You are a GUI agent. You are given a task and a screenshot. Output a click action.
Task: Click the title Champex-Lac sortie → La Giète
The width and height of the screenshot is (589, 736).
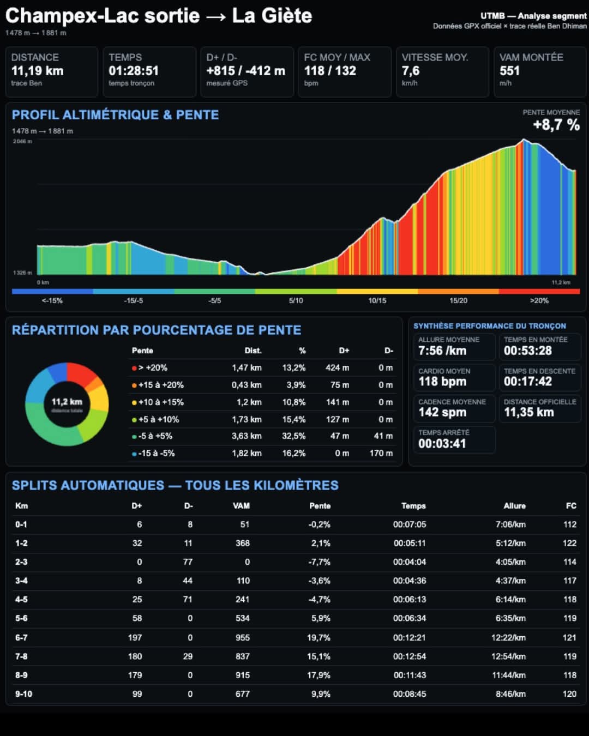159,16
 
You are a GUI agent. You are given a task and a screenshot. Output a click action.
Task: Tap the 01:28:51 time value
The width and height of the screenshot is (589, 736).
134,71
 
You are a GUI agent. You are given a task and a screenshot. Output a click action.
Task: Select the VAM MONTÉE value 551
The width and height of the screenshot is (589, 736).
509,71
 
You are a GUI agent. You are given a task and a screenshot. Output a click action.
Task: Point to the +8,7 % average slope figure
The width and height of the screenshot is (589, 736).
556,124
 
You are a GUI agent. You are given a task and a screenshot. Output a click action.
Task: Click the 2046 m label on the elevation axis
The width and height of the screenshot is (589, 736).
22,141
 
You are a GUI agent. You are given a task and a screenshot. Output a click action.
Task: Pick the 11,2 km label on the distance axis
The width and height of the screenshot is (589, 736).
561,282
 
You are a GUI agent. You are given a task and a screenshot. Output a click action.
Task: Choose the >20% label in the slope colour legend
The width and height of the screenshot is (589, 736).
539,300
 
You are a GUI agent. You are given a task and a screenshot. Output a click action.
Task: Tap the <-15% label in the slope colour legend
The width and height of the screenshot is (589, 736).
52,300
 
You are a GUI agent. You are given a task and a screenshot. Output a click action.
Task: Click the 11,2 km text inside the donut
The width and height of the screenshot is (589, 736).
67,401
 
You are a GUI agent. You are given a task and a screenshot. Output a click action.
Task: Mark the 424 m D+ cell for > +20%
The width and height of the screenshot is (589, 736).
337,367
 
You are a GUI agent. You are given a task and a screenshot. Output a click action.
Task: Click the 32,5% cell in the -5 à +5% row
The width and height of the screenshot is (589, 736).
293,436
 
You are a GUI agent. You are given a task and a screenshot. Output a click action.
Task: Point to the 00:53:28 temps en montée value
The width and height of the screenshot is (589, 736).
527,351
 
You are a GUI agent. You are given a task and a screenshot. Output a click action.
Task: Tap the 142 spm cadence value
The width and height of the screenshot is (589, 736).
442,412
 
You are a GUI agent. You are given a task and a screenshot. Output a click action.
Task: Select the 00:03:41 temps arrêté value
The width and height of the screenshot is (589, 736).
442,444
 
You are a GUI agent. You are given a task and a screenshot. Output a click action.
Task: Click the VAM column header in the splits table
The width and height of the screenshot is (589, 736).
241,505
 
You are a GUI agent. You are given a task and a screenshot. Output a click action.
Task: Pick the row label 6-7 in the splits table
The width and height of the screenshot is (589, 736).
21,637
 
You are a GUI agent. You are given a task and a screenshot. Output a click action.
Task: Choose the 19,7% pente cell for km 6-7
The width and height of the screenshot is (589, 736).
318,637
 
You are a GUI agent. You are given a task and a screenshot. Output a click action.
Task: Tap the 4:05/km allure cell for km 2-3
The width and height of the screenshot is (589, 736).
510,562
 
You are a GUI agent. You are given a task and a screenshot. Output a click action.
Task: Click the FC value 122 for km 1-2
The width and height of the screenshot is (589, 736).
569,543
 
